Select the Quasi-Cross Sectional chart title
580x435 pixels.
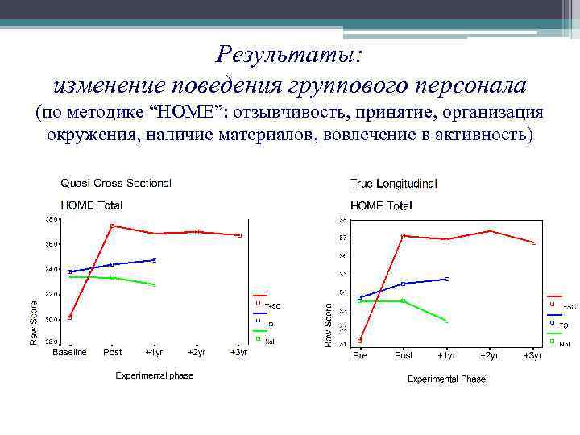pos(116,183)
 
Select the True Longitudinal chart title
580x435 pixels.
pos(394,184)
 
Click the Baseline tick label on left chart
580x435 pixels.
pos(69,352)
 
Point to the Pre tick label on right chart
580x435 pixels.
pos(359,355)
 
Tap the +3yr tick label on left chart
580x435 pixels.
pos(239,352)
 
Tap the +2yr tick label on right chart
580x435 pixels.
pos(489,355)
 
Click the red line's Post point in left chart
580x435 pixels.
pos(113,226)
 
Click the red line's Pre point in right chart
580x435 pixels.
pos(359,341)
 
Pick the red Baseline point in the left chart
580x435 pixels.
pos(70,317)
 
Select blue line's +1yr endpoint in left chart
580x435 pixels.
pos(154,259)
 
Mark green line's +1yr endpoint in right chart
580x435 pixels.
pos(446,321)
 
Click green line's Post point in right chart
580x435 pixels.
pos(404,300)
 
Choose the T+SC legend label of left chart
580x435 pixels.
pos(273,306)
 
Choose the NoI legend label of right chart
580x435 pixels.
pos(564,344)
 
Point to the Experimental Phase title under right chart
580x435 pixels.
pos(446,379)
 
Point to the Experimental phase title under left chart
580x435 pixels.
pos(155,375)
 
